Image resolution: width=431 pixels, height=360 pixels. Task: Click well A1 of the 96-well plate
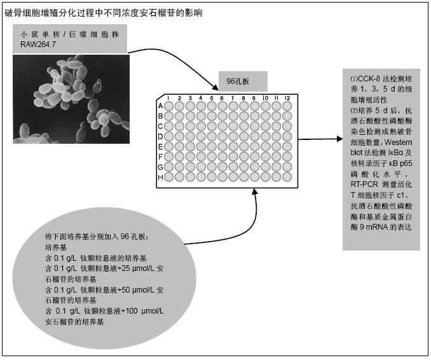(168, 106)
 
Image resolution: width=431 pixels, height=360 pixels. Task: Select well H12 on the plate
(287, 177)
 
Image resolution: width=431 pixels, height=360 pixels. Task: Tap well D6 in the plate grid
(222, 136)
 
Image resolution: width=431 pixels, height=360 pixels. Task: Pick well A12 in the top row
(287, 106)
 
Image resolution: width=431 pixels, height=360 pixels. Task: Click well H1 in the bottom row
(168, 177)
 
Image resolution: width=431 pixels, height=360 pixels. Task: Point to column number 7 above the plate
(233, 98)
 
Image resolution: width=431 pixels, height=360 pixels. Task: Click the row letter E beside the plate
(161, 146)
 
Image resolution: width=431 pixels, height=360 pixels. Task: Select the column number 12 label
(287, 98)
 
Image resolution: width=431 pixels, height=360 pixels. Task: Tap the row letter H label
(161, 177)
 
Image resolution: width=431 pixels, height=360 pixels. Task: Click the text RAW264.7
(38, 45)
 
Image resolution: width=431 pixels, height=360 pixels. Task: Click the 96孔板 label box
(243, 81)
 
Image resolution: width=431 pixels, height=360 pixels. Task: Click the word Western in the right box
(398, 142)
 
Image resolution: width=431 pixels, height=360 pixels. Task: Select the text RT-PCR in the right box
(364, 184)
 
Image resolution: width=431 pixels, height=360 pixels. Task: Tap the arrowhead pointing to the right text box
(339, 139)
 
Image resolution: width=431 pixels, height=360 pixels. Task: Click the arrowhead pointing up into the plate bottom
(255, 191)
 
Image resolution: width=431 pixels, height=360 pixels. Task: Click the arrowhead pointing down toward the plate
(215, 88)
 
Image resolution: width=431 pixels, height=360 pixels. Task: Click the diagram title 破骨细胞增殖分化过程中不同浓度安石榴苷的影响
(104, 13)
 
